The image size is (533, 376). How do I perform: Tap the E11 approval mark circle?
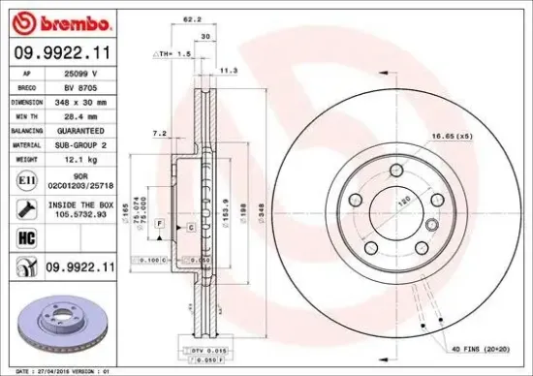coord(22,178)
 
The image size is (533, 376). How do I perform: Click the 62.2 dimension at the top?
coord(192,18)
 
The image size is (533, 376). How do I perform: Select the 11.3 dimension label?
coord(230,71)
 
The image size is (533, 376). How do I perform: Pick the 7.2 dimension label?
coord(161,133)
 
